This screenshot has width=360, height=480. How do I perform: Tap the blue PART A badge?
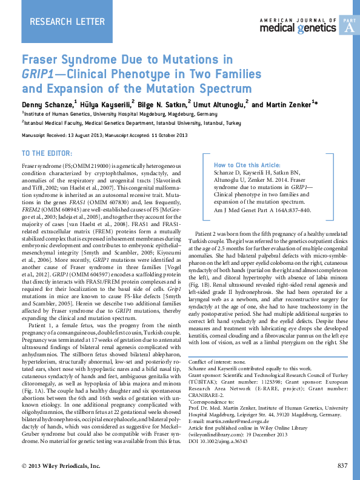tap(348, 25)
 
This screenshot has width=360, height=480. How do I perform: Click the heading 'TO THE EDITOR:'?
tap(47, 152)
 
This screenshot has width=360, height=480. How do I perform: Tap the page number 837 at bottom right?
tap(343, 465)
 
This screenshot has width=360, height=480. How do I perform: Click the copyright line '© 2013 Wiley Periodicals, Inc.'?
tap(61, 465)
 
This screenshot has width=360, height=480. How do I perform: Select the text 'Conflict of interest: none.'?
tap(222, 362)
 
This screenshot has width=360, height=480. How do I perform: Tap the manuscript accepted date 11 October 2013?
tap(167, 135)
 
